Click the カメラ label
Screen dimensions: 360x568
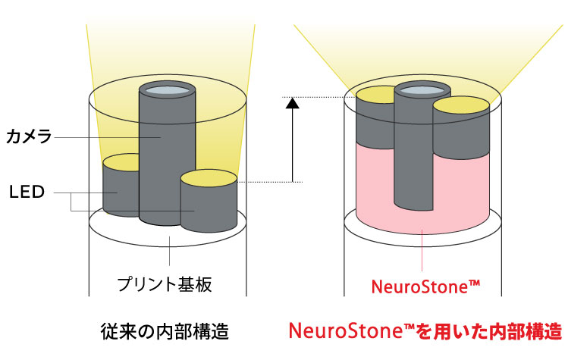pos(28,137)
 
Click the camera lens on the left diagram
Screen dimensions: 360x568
pos(168,92)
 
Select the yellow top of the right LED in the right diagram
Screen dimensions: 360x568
pos(461,105)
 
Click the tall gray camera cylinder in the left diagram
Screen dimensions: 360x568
pos(168,159)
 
